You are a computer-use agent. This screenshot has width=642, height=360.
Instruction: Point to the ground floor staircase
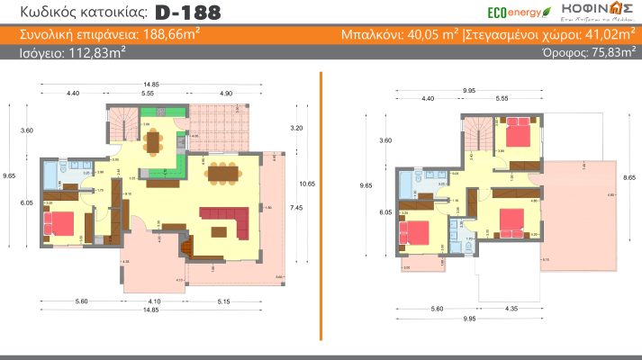(121, 121)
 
